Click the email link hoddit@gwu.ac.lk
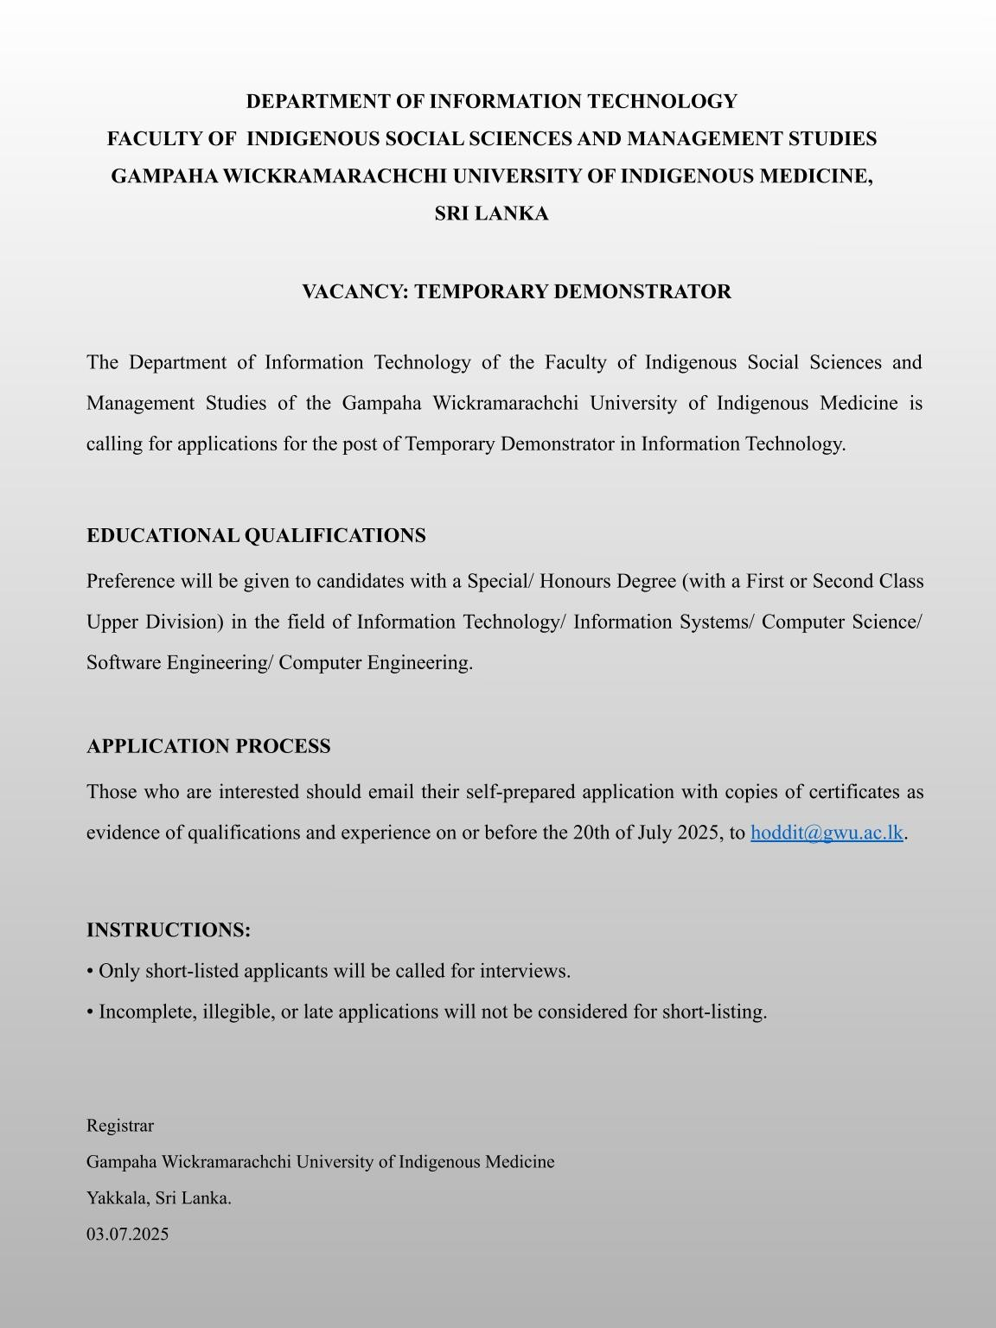827,833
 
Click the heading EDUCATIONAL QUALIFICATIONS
256,536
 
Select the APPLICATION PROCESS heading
208,746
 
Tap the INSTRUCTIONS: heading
169,930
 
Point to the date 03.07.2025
127,1234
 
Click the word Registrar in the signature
120,1126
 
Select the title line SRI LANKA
491,214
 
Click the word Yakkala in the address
117,1198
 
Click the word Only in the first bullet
119,971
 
